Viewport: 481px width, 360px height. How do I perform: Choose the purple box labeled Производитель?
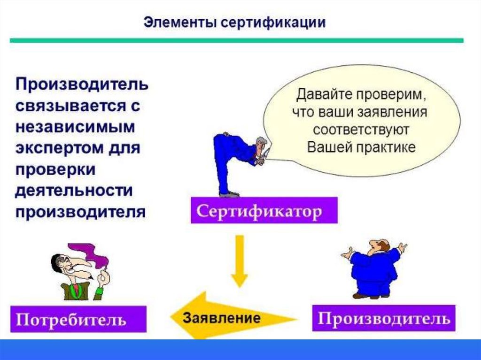pos(383,318)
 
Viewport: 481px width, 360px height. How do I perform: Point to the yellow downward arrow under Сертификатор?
pos(239,260)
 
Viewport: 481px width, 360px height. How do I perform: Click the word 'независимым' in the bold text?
pos(75,127)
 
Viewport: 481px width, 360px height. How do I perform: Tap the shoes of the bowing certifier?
pos(229,194)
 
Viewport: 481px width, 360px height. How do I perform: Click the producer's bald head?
pos(381,245)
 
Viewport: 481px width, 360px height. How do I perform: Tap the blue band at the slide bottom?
pos(240,349)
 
